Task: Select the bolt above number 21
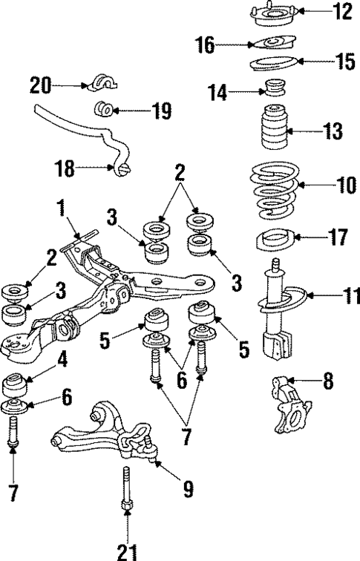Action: pos(127,494)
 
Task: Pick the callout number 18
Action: pos(66,168)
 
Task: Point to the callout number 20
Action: pos(41,85)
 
